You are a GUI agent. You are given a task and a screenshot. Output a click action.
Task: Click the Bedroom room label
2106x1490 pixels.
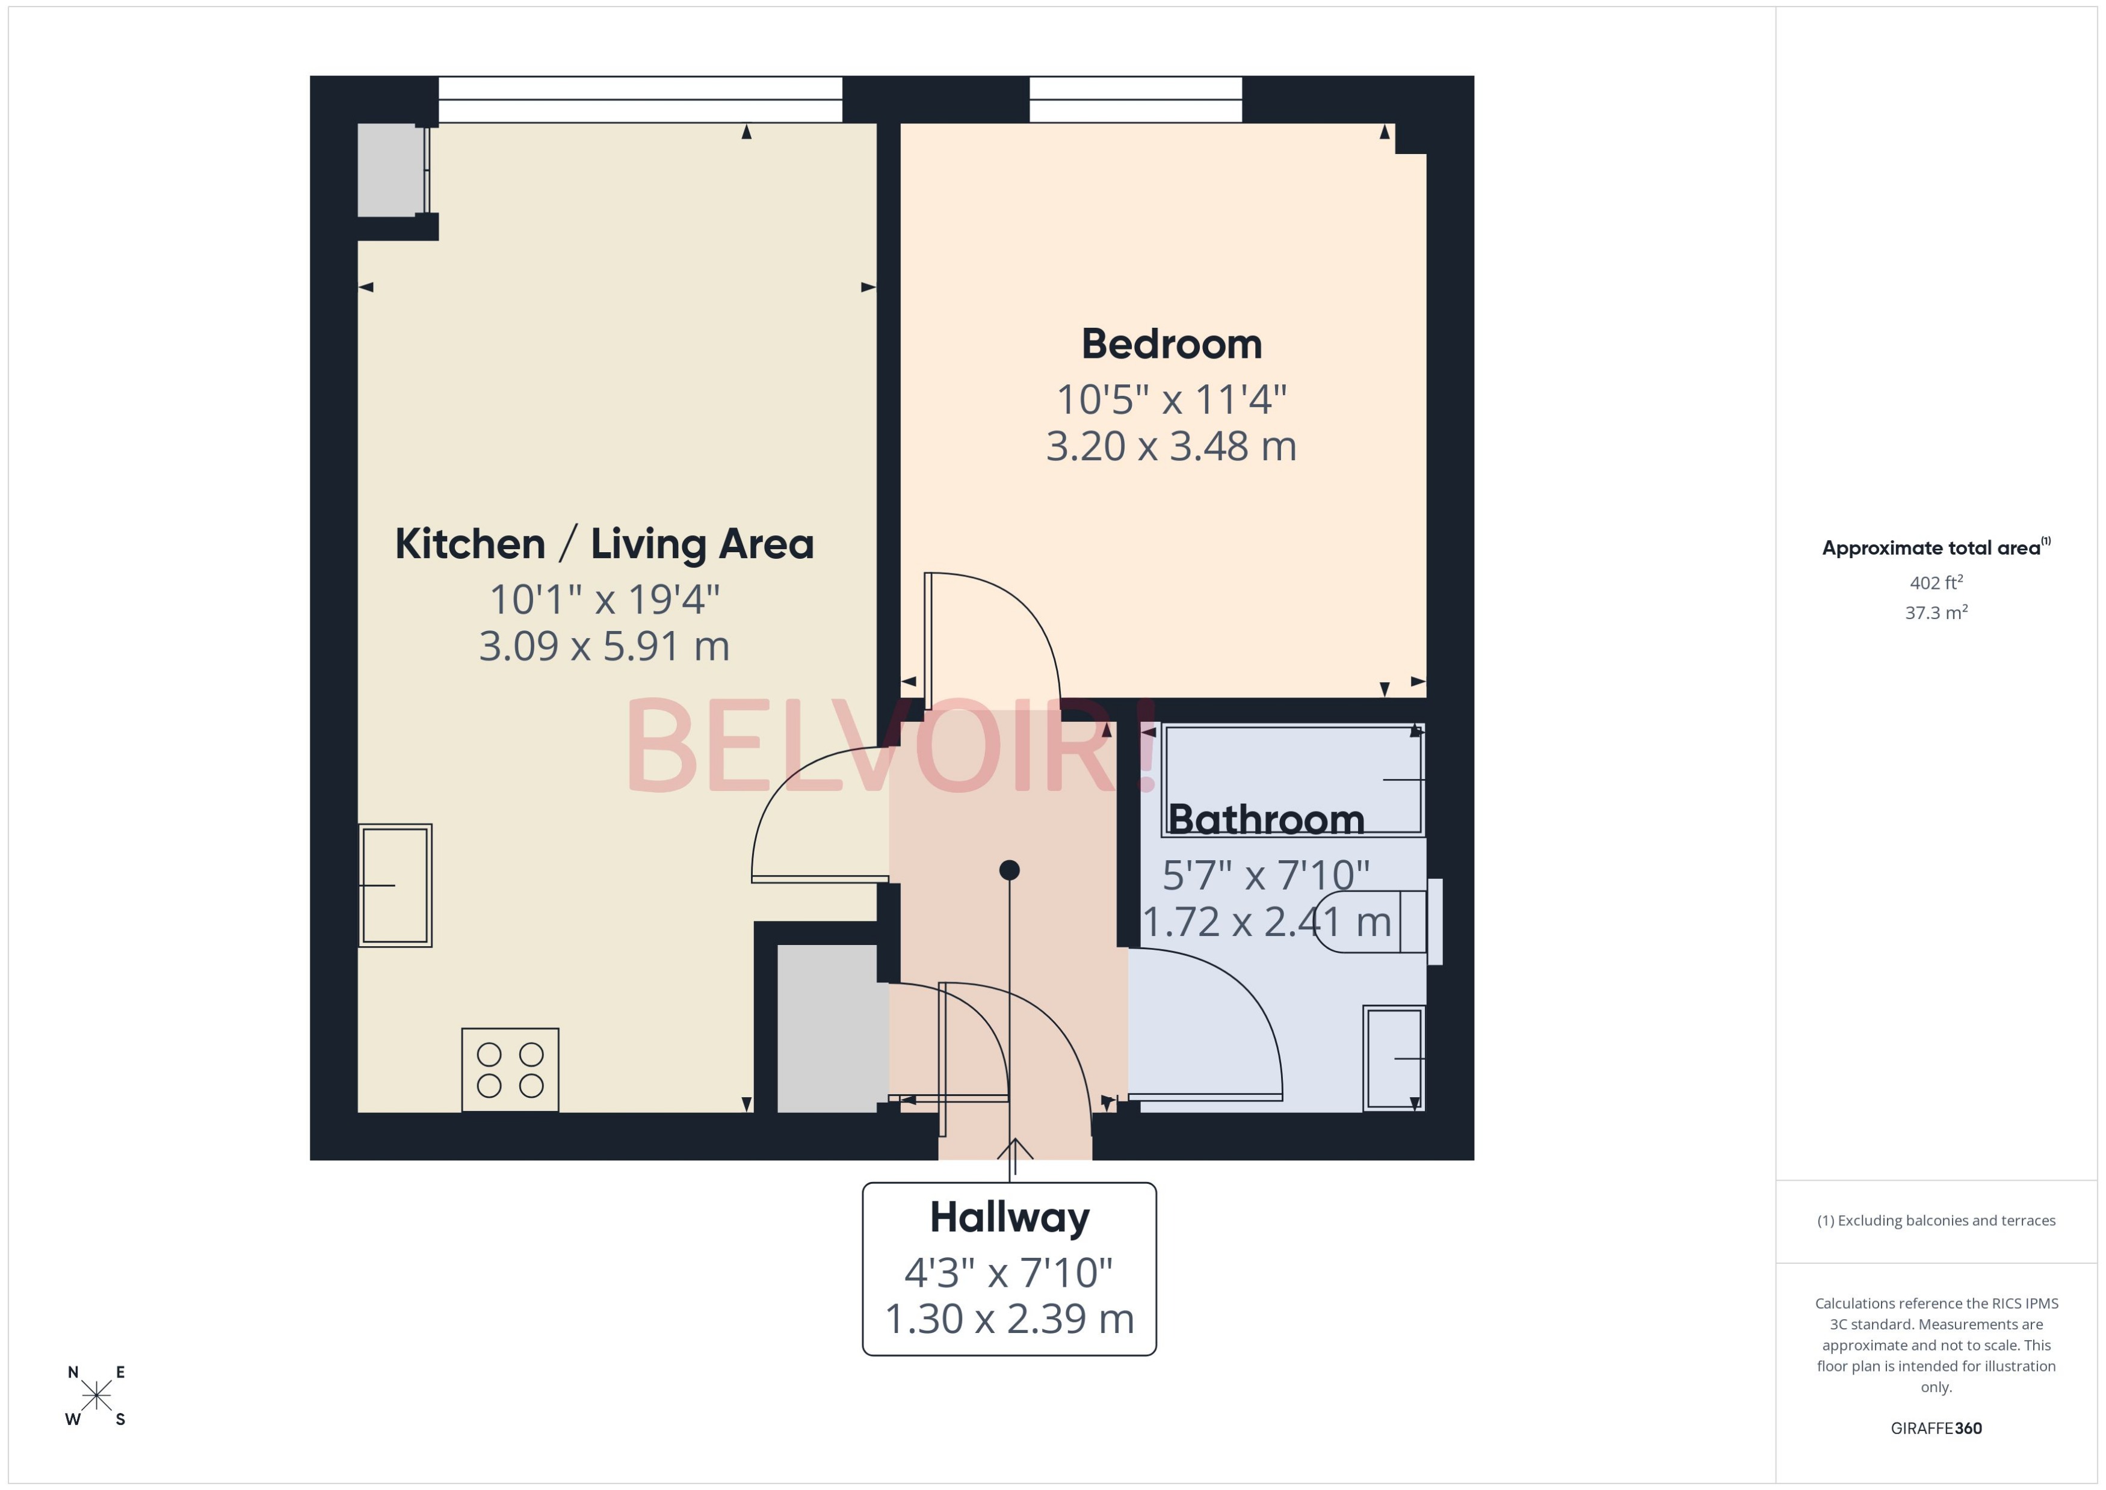click(x=1171, y=345)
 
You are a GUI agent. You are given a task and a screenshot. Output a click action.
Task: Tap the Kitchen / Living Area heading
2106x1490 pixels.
click(x=604, y=544)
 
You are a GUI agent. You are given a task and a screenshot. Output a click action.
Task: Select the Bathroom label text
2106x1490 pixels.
click(x=1265, y=819)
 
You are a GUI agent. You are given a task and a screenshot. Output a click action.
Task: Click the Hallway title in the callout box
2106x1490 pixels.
click(x=1010, y=1218)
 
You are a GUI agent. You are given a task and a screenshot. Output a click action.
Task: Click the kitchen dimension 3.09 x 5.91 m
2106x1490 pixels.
click(x=604, y=646)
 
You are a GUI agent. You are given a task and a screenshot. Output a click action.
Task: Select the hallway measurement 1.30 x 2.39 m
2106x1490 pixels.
click(x=1010, y=1319)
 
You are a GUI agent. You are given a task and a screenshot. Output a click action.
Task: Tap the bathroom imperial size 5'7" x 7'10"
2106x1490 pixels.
click(x=1265, y=875)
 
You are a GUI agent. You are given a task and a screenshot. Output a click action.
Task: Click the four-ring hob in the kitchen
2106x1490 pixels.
click(x=510, y=1070)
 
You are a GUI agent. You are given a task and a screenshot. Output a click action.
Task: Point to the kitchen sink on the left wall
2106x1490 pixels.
click(x=395, y=885)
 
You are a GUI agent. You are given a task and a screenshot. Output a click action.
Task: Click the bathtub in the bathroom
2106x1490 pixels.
click(x=1292, y=780)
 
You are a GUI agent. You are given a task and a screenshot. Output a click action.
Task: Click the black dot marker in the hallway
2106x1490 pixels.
click(x=1010, y=870)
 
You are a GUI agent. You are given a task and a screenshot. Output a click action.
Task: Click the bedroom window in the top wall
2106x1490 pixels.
click(x=1135, y=99)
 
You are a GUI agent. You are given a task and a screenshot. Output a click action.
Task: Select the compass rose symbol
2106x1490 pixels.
click(x=96, y=1396)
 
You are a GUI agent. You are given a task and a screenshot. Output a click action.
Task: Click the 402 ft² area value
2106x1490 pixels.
click(x=1936, y=583)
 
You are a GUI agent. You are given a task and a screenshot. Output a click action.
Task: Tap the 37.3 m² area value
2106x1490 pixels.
click(x=1936, y=613)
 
